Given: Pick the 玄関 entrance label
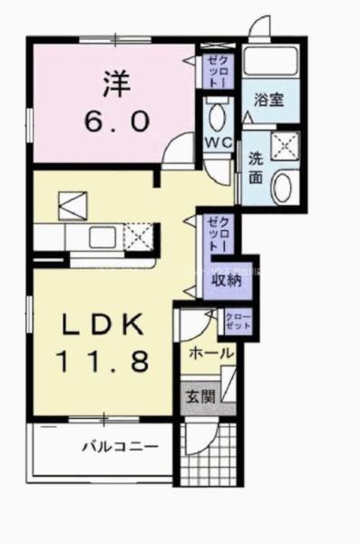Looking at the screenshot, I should [200, 395].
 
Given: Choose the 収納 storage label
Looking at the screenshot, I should [226, 279].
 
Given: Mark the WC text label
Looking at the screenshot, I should [217, 143].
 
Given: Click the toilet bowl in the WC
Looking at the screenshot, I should [218, 116].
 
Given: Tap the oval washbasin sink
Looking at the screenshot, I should [283, 189].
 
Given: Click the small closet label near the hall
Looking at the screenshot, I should [239, 320].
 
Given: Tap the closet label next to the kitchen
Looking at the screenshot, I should [217, 234].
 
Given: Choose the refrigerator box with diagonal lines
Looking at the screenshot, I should [70, 205].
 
